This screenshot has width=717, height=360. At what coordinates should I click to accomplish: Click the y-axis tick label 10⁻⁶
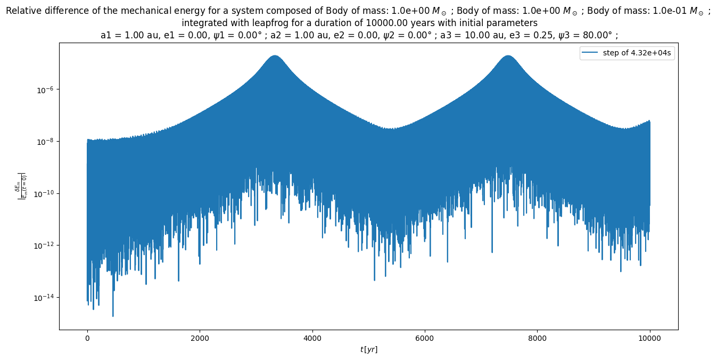tap(44, 90)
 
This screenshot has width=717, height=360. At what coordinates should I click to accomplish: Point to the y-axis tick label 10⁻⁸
tap(44, 142)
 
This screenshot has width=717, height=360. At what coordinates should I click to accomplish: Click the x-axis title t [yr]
tap(368, 349)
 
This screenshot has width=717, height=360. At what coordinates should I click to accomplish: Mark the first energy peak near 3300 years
tap(275, 55)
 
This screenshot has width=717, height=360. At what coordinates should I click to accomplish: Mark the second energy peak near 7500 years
tap(508, 55)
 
